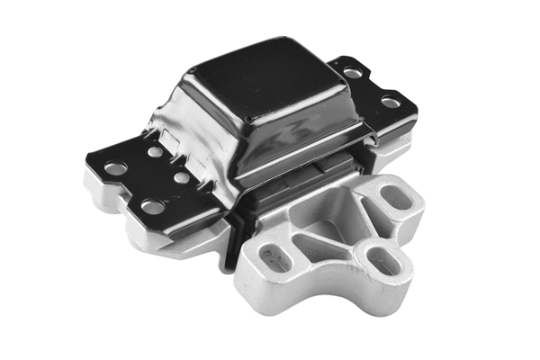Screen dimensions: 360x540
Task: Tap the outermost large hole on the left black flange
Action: pos(115,167)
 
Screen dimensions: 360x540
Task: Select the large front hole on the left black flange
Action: pos(153,206)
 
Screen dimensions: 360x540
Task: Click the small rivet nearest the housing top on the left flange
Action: pos(156,151)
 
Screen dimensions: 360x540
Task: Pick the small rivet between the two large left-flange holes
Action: pos(182,178)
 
